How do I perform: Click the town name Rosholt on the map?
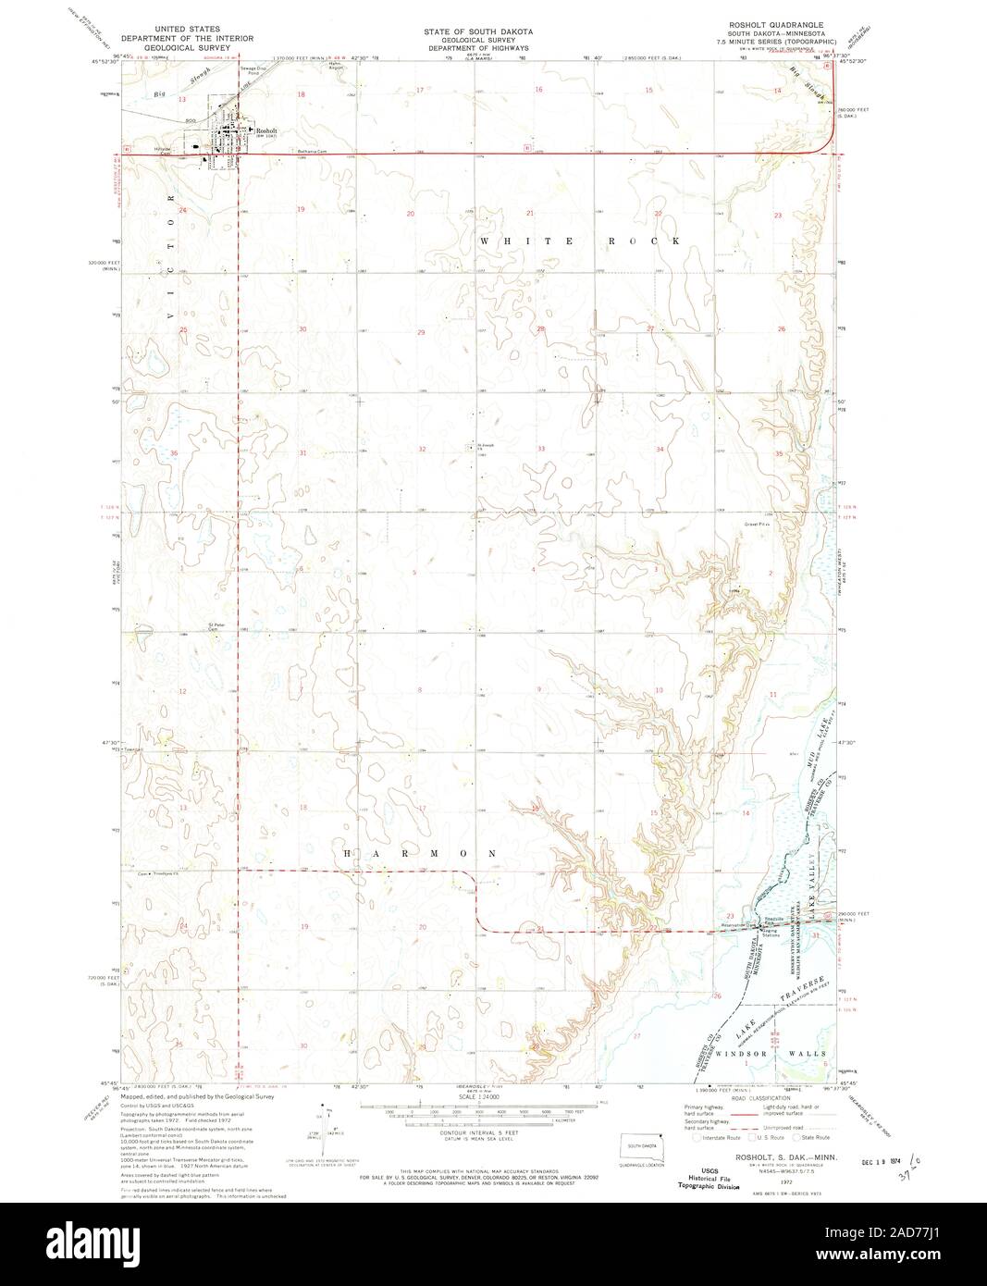pos(266,130)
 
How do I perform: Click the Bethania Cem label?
pos(313,150)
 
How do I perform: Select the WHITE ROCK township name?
pos(580,241)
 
